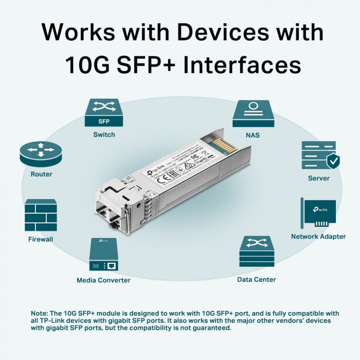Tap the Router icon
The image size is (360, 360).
41,153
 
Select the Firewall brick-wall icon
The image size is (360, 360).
41,215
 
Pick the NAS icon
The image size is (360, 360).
253,114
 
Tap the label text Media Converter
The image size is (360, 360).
103,280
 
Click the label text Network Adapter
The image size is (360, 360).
318,237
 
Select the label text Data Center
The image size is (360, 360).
257,280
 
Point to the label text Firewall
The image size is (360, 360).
41,239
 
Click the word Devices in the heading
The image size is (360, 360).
210,32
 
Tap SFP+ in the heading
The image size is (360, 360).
146,66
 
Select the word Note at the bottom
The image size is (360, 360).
39,313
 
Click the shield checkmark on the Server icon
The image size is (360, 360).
333,161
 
